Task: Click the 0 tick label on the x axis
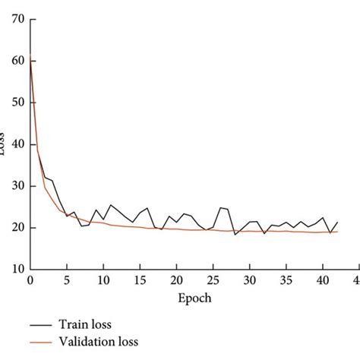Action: point(30,281)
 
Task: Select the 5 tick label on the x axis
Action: point(67,281)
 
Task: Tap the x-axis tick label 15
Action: point(140,281)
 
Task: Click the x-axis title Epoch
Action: point(194,298)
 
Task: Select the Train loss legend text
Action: point(90,325)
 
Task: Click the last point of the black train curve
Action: point(337,223)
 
